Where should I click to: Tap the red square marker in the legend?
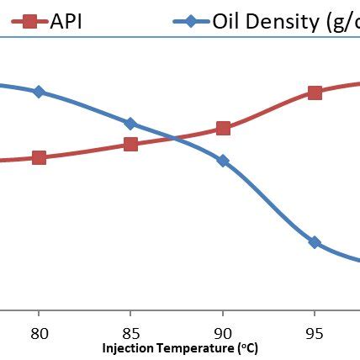pos(29,21)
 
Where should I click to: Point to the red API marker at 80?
pos(39,157)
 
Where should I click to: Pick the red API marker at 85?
pos(130,144)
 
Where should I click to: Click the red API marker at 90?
pos(223,128)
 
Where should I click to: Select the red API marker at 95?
pos(315,93)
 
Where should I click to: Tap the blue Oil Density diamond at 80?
pos(39,92)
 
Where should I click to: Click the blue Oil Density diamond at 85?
pos(130,124)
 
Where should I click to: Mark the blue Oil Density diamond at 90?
pos(223,161)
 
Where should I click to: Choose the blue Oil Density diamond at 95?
pos(315,242)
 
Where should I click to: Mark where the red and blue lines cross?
pos(174,137)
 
